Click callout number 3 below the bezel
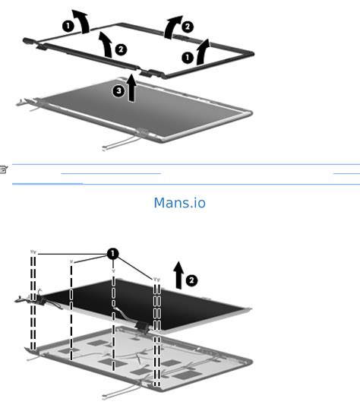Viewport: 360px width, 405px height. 118,90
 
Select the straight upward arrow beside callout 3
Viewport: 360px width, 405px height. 131,87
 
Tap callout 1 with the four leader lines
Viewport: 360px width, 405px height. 113,254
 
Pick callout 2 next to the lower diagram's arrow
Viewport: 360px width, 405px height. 191,280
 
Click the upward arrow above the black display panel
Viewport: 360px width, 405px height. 178,275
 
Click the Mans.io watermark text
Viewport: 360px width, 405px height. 180,203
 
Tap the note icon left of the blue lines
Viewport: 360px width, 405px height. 4,169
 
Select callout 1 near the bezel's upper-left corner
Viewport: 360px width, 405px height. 68,26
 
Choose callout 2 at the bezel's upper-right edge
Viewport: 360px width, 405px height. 188,27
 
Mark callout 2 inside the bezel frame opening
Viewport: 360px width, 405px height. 121,49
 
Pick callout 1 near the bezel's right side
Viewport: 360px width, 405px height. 188,58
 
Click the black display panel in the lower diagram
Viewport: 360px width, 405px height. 144,305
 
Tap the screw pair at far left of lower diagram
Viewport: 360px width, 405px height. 33,252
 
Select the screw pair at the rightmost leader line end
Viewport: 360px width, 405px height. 156,280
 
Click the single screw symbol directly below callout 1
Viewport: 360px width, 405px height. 113,271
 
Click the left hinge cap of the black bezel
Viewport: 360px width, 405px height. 28,41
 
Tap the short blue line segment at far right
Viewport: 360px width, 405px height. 346,173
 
